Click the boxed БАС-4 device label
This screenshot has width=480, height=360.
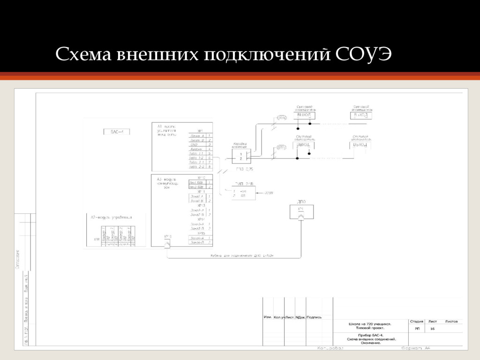pyautogui.click(x=117, y=132)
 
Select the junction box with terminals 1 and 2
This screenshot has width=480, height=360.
pyautogui.click(x=241, y=156)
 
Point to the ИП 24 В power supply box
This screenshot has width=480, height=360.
pyautogui.click(x=244, y=193)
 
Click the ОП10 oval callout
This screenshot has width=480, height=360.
pyautogui.click(x=282, y=118)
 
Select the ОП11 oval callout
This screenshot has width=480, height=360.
pyautogui.click(x=281, y=147)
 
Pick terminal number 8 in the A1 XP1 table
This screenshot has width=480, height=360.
pyautogui.click(x=210, y=166)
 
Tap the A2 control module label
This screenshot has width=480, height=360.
pyautogui.click(x=112, y=217)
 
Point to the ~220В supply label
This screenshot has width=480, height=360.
pyautogui.click(x=269, y=193)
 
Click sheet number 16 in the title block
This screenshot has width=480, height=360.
pyautogui.click(x=432, y=329)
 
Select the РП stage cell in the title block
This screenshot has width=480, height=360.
pyautogui.click(x=417, y=329)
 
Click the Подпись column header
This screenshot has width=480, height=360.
pyautogui.click(x=315, y=317)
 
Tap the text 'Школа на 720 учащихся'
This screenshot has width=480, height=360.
pyautogui.click(x=370, y=323)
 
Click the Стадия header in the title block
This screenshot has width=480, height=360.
pyautogui.click(x=417, y=322)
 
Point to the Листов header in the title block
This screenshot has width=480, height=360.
pyautogui.click(x=452, y=322)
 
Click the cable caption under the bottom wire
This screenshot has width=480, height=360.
pyautogui.click(x=242, y=255)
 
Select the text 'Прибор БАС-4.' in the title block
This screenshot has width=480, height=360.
pyautogui.click(x=371, y=335)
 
